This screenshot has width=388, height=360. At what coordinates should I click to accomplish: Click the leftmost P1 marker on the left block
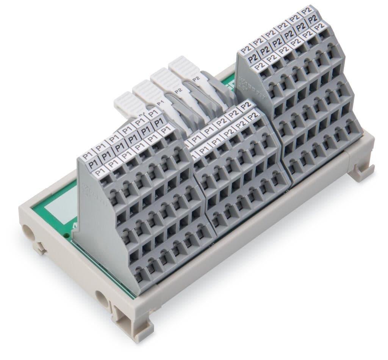[88, 156]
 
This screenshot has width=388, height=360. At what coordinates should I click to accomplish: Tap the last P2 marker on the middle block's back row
[247, 105]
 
